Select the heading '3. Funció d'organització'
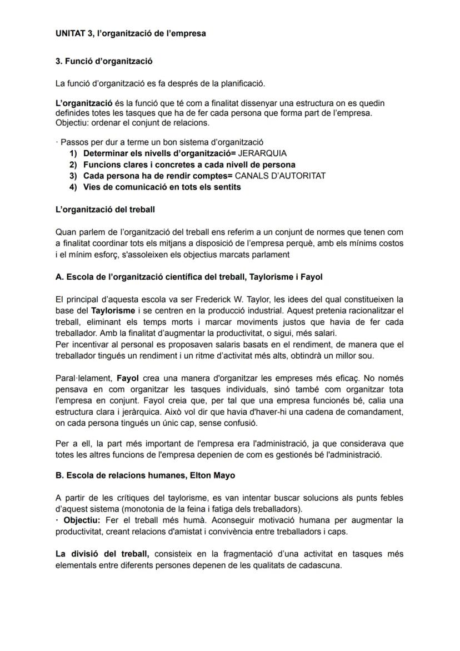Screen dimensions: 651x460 [x=104, y=61]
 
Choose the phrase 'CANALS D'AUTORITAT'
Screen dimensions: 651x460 [x=280, y=176]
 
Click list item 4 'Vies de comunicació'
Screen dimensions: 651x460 [x=162, y=187]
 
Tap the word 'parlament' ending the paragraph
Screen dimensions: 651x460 [x=272, y=255]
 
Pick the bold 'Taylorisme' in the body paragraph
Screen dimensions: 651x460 [x=113, y=310]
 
